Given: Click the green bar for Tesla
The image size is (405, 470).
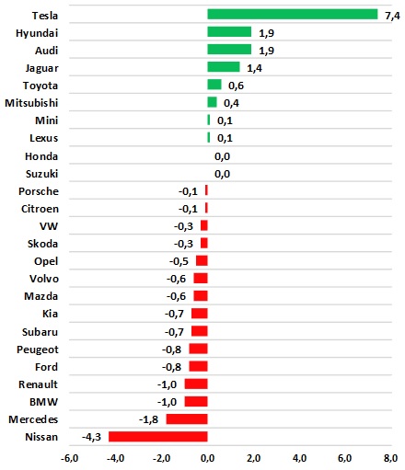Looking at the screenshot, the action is pos(293,15).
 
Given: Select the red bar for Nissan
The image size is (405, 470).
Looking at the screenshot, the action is pos(158,437).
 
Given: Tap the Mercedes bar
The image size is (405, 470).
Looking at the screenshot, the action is pos(187,419).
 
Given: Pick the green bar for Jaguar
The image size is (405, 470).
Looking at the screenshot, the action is pos(224,67).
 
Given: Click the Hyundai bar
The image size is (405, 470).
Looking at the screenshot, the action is pos(229,32).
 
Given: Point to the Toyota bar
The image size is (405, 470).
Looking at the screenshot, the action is pos(214,85).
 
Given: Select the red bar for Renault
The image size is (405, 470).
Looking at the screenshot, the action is pos(196,384).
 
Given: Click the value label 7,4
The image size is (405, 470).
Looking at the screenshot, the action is pos(392,16).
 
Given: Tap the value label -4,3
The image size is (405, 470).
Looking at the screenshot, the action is pos(91,437).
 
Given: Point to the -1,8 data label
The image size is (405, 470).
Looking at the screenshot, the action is pos(148,419).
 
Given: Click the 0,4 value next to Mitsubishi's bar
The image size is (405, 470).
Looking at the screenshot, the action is pos(231,103).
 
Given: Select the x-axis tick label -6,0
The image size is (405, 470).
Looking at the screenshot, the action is pos(69,458).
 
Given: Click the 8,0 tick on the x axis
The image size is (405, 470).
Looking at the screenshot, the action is pos(391,458).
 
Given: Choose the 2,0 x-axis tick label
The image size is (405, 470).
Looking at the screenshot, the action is pos(253,458).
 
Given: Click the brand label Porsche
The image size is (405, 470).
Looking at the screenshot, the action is pos(39,191).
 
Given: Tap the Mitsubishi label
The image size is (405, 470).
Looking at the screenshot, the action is pos(31,103).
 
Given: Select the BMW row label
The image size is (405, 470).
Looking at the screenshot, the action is pos(43,402).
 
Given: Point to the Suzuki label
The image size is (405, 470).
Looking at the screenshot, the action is pos(41,174).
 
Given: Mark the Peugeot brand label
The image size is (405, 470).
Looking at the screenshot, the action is pos(38,350).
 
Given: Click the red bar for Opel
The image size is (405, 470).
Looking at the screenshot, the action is pos(202,261).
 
